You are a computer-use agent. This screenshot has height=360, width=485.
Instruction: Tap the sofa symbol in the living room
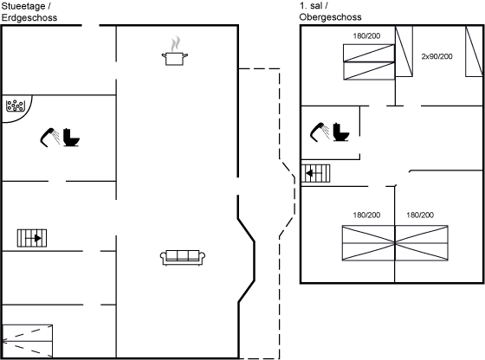click(x=183, y=257)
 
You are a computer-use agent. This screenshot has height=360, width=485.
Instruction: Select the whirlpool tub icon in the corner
click(x=16, y=106)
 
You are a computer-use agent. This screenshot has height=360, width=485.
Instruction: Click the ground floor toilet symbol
click(x=71, y=138)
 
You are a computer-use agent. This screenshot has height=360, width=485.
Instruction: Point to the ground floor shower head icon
click(x=49, y=138)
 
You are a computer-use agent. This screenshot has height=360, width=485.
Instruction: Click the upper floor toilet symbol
click(x=341, y=132)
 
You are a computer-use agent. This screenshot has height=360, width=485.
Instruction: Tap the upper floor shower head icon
click(x=320, y=132)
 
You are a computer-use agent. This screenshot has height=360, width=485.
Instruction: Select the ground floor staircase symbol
click(x=32, y=238)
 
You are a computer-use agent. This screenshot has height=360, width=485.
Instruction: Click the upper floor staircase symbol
click(x=315, y=173)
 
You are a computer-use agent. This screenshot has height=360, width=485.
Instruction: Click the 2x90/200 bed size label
click(x=436, y=56)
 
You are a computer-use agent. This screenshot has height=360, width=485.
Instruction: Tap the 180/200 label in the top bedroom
click(x=366, y=36)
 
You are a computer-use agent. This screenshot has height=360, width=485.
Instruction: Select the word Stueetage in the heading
click(x=24, y=6)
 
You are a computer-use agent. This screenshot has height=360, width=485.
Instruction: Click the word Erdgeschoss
click(x=29, y=17)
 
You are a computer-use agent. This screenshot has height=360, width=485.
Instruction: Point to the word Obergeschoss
click(x=330, y=17)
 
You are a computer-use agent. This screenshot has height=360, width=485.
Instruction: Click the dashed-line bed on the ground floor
click(x=27, y=341)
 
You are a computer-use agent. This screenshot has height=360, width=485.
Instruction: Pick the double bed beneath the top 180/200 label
click(x=369, y=62)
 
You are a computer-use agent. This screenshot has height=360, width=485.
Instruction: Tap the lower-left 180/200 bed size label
click(x=366, y=215)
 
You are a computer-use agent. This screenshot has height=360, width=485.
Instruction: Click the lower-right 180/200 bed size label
click(x=420, y=215)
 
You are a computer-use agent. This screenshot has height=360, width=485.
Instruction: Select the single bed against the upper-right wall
click(x=475, y=51)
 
